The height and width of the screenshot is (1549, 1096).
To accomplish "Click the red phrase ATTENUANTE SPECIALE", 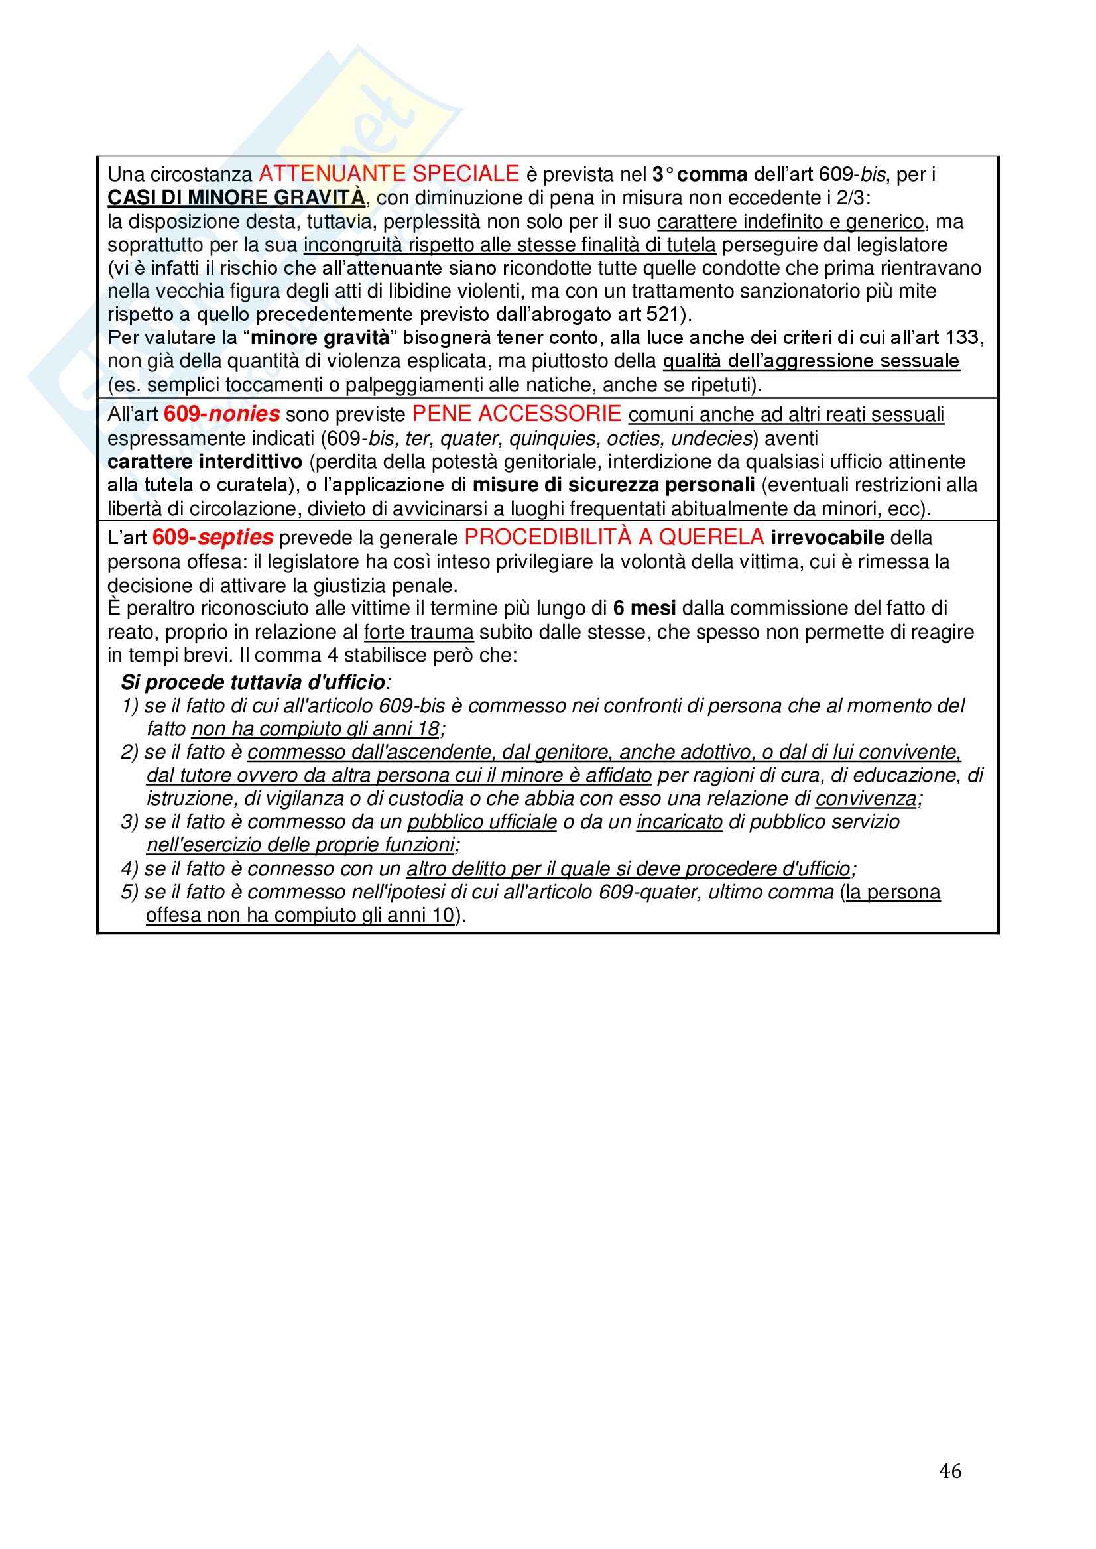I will pyautogui.click(x=389, y=174).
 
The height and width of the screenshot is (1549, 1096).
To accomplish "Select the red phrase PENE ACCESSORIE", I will pyautogui.click(x=517, y=414).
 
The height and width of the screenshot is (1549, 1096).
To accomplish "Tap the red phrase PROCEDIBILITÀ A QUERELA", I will pyautogui.click(x=613, y=537).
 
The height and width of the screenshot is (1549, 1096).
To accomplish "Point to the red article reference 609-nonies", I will pyautogui.click(x=221, y=414).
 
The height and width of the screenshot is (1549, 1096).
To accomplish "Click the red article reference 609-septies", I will pyautogui.click(x=213, y=537).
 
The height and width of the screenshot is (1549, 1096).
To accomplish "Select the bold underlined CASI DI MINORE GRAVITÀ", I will pyautogui.click(x=236, y=198).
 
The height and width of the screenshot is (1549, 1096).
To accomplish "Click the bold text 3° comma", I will pyautogui.click(x=699, y=175).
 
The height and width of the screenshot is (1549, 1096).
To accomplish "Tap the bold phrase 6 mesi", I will pyautogui.click(x=644, y=608).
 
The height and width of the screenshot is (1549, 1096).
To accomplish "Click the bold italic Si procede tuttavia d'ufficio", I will pyautogui.click(x=254, y=682).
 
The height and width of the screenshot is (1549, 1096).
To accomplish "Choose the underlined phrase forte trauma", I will pyautogui.click(x=418, y=632).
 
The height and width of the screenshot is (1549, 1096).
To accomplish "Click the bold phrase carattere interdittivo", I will pyautogui.click(x=204, y=462).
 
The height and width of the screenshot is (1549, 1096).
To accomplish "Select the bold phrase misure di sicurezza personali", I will pyautogui.click(x=613, y=485).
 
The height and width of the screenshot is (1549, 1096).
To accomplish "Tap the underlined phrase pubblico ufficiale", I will pyautogui.click(x=482, y=822).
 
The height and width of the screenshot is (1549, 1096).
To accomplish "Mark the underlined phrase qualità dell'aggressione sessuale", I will pyautogui.click(x=810, y=361).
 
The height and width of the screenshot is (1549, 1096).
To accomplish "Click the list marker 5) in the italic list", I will pyautogui.click(x=129, y=892).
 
